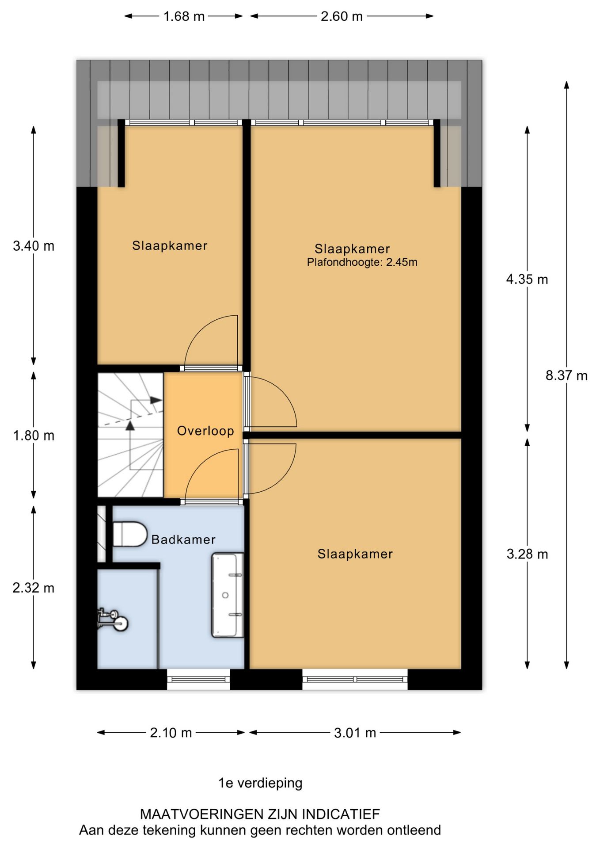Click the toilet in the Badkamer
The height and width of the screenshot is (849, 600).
(x=129, y=534)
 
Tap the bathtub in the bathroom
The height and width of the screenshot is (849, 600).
(x=228, y=595)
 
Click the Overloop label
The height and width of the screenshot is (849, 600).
(x=205, y=431)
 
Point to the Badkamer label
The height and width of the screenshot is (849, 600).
(x=183, y=539)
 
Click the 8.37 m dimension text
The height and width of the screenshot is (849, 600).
(x=566, y=375)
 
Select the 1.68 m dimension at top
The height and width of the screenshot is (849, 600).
(x=184, y=16)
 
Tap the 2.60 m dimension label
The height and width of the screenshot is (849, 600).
(x=342, y=16)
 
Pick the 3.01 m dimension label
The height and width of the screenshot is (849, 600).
(x=355, y=733)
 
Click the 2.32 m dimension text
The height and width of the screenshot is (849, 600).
(x=34, y=588)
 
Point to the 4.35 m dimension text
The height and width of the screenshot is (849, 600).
(x=527, y=279)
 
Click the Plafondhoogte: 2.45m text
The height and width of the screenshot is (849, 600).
(x=362, y=262)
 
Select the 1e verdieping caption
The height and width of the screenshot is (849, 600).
(x=260, y=783)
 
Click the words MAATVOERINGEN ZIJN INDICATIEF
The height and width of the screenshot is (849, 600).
(x=260, y=814)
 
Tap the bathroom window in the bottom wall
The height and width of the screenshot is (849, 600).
(x=198, y=679)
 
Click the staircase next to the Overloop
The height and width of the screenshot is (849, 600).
(x=130, y=435)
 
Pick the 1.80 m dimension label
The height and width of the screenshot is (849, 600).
(x=34, y=436)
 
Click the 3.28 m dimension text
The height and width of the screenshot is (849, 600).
(x=527, y=554)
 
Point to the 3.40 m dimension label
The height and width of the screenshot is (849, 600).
(x=34, y=245)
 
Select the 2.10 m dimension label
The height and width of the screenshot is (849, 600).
(x=171, y=733)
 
